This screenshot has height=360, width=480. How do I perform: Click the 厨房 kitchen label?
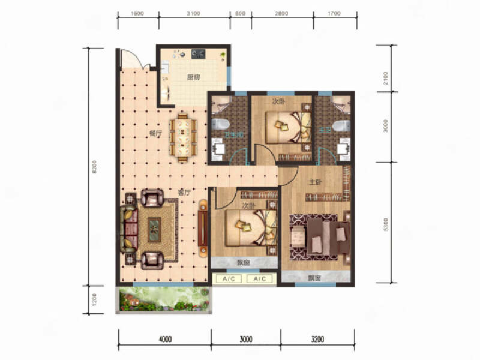click(193, 77)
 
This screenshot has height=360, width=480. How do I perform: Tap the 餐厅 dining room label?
click(155, 134)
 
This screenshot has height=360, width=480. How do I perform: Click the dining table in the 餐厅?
click(184, 136)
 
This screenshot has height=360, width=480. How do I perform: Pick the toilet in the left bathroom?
click(219, 125)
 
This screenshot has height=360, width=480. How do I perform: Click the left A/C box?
click(228, 279)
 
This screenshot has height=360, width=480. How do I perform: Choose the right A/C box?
click(259, 279)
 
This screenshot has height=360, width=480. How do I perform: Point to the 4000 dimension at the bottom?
click(165, 340)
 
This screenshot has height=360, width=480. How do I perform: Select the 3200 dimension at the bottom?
click(317, 340)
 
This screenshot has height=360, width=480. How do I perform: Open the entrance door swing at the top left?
click(128, 59)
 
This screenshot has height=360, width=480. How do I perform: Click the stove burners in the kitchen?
click(199, 54)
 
